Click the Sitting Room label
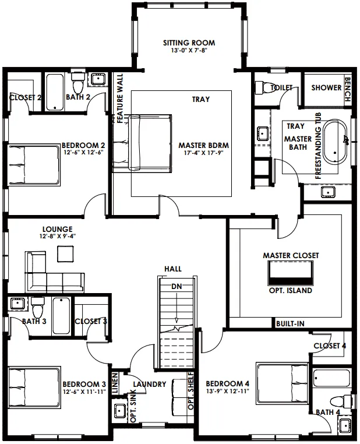[189, 43]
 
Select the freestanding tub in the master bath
[335, 142]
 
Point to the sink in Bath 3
[17, 304]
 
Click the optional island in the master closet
[290, 273]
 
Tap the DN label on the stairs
[177, 287]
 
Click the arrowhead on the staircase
[177, 320]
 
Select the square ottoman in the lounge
[66, 253]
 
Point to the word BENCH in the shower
[347, 89]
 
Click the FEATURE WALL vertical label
[120, 98]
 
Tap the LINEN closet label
[115, 383]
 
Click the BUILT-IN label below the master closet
[290, 323]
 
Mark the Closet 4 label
[330, 346]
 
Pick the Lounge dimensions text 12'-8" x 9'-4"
[58, 236]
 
